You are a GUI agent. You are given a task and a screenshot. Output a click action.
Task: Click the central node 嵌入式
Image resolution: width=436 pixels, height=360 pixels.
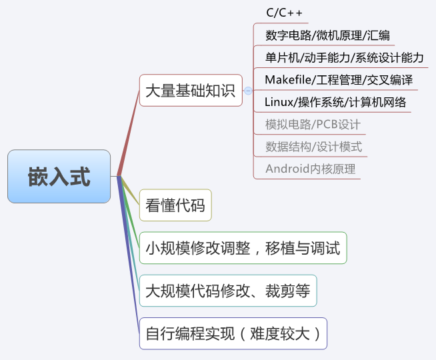pos(59,177)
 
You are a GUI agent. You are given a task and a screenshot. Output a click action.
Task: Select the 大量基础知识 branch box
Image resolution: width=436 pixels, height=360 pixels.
pos(190,91)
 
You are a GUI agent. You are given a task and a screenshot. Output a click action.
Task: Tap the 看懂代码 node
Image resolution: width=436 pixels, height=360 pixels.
pos(175,205)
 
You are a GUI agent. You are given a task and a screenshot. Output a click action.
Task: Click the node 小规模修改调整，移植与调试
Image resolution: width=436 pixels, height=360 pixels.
pos(243,248)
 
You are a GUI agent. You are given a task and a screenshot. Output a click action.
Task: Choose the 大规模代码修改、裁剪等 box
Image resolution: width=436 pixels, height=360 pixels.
pos(227,291)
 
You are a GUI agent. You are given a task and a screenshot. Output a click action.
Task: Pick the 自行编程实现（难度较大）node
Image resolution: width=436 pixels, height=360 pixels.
pos(233,333)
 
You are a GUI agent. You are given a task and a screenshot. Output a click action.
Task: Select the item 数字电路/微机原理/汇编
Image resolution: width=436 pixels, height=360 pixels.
pos(327,35)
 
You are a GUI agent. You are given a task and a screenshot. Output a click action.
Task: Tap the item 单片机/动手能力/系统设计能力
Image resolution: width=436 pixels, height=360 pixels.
pos(344,58)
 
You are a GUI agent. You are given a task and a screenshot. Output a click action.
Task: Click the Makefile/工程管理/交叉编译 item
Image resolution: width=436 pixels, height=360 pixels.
pos(338,80)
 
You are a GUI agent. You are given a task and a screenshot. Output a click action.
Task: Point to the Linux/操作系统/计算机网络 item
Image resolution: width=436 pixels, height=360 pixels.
pos(335,102)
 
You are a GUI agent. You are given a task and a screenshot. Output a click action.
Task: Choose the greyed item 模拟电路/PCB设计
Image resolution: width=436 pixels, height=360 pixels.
pos(313,125)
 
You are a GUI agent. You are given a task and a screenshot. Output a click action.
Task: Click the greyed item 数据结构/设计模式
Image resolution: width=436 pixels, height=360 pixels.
pos(313,147)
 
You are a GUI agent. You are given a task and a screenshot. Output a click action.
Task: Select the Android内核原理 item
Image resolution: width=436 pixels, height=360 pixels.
pos(310,169)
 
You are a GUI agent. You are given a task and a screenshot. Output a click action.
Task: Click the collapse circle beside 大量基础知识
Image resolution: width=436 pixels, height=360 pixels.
pos(248,91)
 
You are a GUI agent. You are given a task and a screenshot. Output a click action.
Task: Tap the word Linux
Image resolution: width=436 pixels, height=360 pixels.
pos(279,102)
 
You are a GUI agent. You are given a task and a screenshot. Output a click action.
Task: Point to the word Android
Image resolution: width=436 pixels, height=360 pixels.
pos(287,169)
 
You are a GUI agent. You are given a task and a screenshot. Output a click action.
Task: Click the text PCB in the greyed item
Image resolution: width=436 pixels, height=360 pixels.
pos(327,125)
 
